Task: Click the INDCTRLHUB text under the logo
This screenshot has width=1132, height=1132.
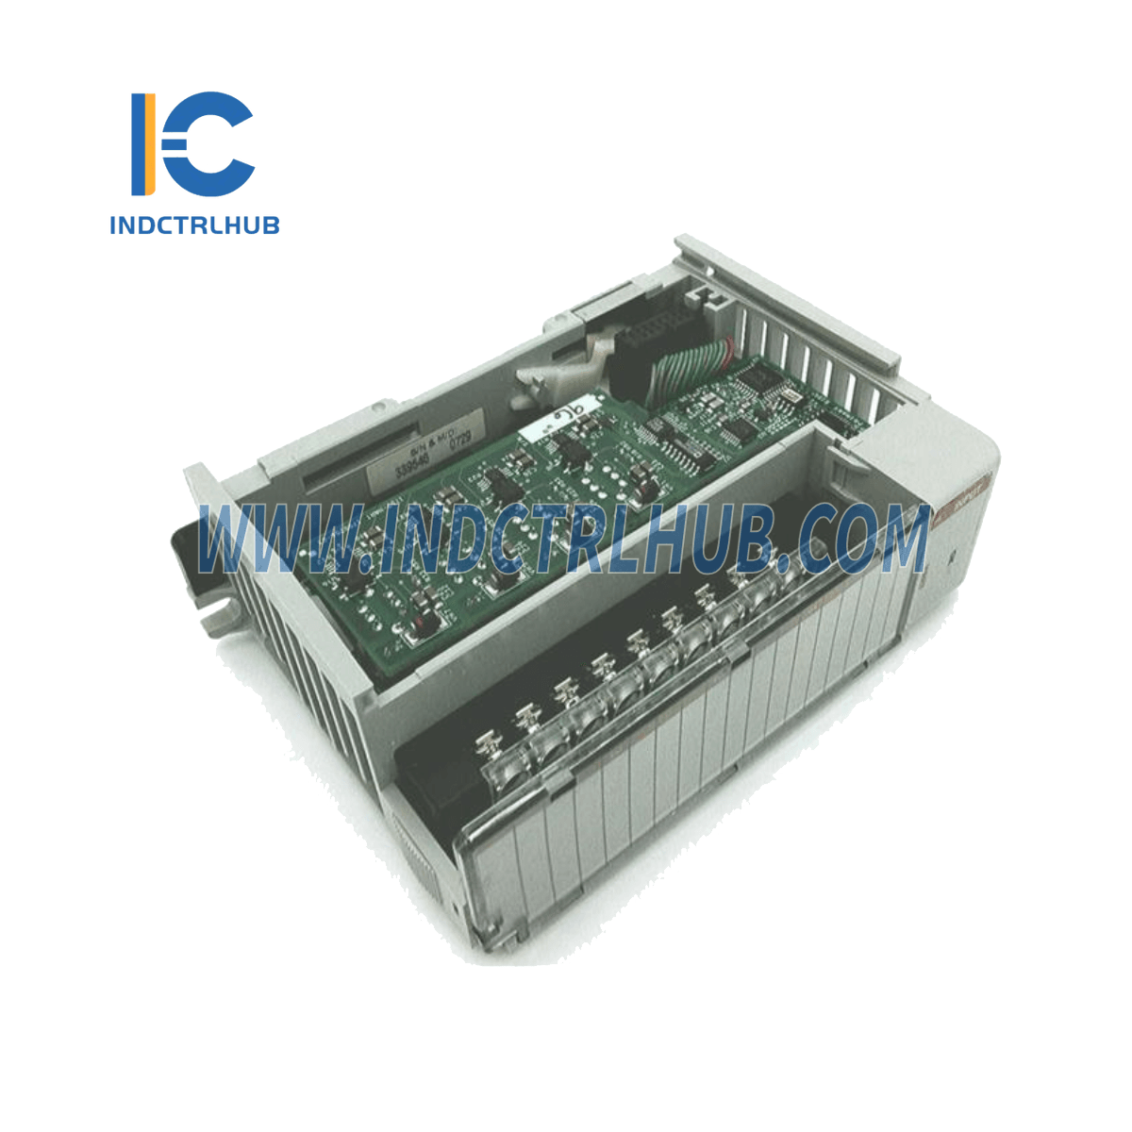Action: coord(194,225)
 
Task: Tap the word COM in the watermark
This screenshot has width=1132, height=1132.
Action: coord(855,540)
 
